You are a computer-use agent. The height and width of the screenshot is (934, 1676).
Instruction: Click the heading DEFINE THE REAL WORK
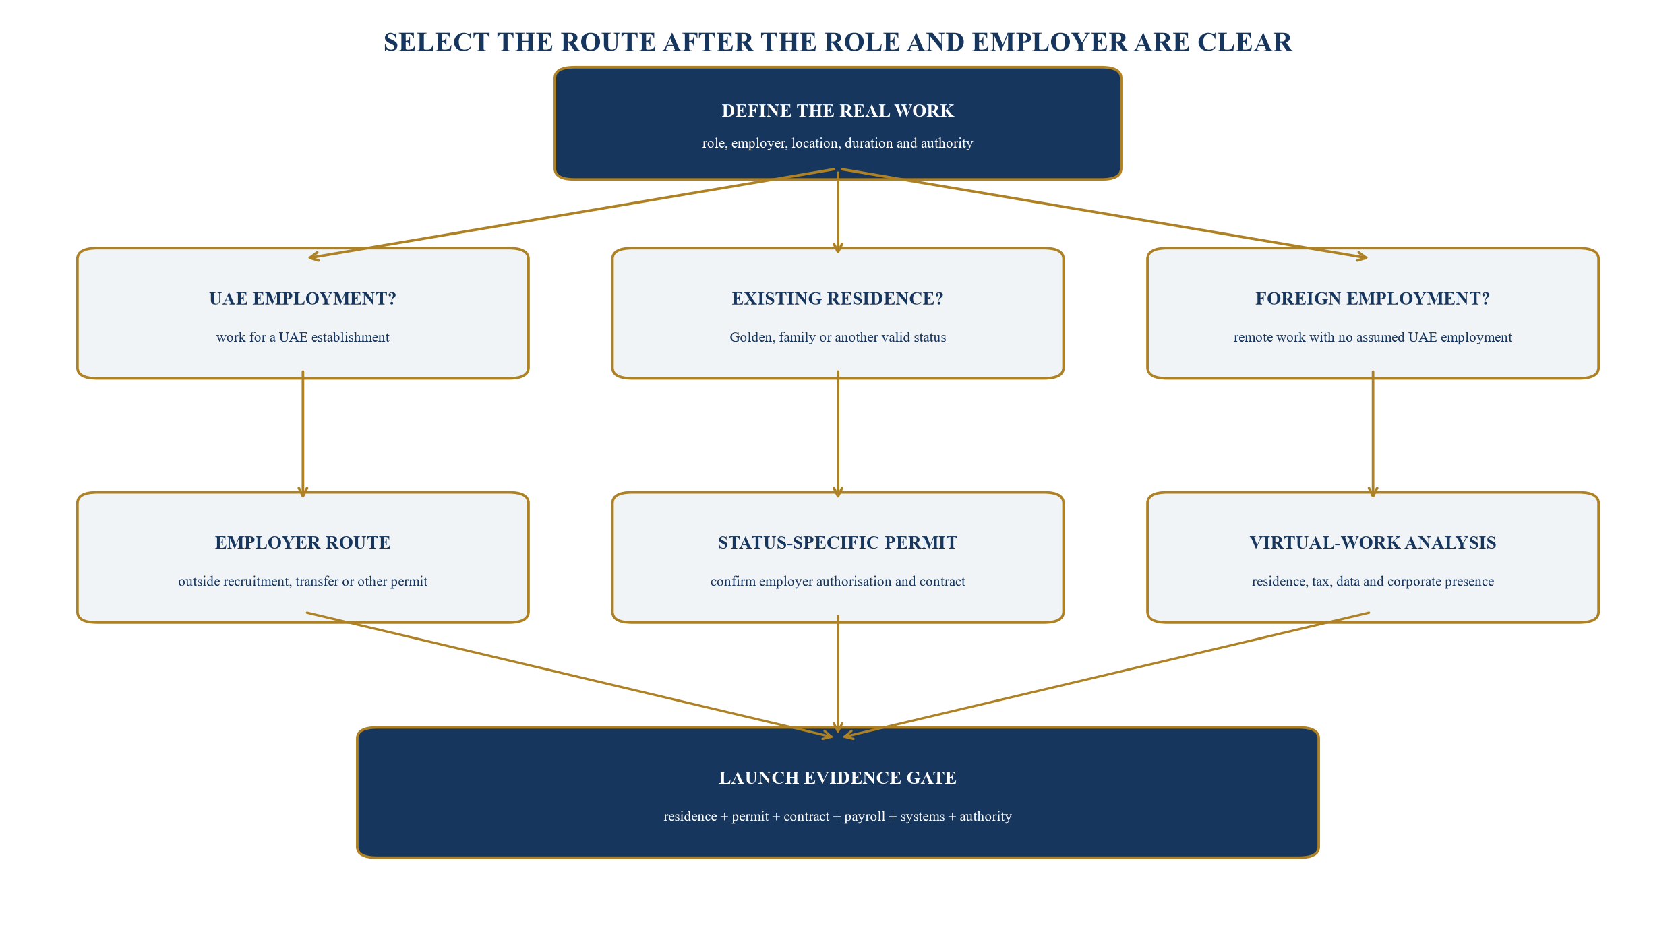pyautogui.click(x=837, y=111)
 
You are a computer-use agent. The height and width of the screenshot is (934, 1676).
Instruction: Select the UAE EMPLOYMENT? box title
pyautogui.click(x=303, y=299)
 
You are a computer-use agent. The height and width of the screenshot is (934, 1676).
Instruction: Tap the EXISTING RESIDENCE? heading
pyautogui.click(x=837, y=299)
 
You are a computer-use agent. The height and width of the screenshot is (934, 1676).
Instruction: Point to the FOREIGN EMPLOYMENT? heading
pyautogui.click(x=1373, y=299)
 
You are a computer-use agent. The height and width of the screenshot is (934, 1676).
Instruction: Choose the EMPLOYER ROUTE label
pyautogui.click(x=303, y=542)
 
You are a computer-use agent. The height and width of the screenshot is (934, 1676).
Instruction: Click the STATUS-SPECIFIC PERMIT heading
pyautogui.click(x=837, y=542)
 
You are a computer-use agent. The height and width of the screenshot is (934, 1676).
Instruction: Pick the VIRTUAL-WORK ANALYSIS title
pyautogui.click(x=1373, y=542)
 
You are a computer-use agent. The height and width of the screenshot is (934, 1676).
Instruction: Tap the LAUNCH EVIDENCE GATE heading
pyautogui.click(x=837, y=778)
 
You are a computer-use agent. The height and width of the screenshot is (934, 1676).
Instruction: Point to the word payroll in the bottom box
pyautogui.click(x=864, y=817)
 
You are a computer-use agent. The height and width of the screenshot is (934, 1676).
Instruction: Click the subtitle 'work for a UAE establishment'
pyautogui.click(x=303, y=337)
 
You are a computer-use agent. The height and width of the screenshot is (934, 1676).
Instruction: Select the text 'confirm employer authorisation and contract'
pyautogui.click(x=837, y=582)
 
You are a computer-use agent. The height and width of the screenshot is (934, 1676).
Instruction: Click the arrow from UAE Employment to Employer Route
pyautogui.click(x=303, y=434)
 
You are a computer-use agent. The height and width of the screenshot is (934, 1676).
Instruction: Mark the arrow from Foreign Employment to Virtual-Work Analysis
pyautogui.click(x=1373, y=434)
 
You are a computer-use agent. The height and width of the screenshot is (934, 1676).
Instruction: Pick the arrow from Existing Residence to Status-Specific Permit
pyautogui.click(x=837, y=434)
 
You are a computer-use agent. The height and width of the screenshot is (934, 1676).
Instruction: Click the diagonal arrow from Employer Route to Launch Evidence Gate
pyautogui.click(x=570, y=675)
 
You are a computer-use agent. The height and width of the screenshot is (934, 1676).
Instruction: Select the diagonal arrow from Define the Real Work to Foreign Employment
pyautogui.click(x=1104, y=214)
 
